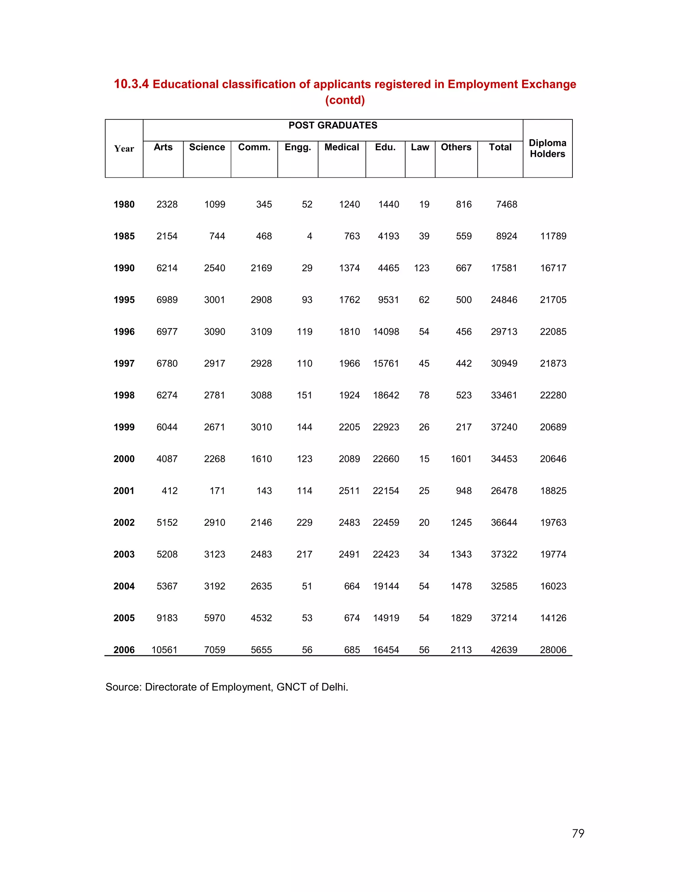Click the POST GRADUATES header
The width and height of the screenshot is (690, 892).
coord(333,126)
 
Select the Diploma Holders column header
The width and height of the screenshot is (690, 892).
coord(547,148)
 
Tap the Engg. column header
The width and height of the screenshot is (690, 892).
coord(297,147)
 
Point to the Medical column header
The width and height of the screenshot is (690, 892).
coord(342,147)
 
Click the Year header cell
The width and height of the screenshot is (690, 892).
coord(124,149)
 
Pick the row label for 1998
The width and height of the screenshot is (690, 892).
coord(124,396)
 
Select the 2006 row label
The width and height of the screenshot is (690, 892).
coord(124,650)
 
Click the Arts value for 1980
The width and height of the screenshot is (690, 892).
coord(167,204)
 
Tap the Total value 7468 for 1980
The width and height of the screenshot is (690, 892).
coord(506,204)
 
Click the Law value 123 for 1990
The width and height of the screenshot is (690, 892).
coord(421,268)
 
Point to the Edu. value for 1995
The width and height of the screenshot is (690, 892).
coord(388,300)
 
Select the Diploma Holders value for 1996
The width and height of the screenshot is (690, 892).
coord(553,332)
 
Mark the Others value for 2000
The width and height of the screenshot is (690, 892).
coord(461,459)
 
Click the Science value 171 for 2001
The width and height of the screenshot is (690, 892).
coord(217,491)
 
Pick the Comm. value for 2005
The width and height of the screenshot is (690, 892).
coord(261,618)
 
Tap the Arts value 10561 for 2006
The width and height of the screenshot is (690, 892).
coord(164,650)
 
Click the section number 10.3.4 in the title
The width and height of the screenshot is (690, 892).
coord(131,84)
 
